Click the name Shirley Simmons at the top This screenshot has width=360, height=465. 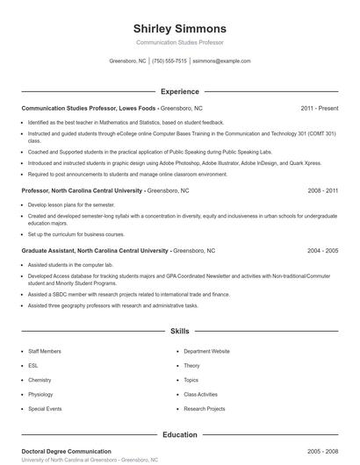(x=179, y=28)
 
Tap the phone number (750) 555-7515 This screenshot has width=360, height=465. (x=169, y=61)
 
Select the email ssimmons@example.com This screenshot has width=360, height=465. (x=221, y=61)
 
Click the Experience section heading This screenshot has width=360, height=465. (x=179, y=91)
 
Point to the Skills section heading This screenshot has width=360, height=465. (x=179, y=332)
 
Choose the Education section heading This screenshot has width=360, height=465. (x=179, y=434)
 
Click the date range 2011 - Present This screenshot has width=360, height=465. (x=320, y=108)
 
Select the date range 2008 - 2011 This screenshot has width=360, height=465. (x=323, y=190)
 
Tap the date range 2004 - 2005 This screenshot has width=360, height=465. (x=323, y=250)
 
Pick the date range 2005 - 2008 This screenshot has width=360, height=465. (x=323, y=451)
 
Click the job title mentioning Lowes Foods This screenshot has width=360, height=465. (x=89, y=108)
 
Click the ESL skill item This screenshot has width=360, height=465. (x=33, y=365)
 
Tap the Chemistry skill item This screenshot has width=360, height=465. (x=40, y=380)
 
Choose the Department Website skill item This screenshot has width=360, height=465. (x=206, y=351)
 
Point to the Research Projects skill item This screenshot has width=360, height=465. (x=205, y=409)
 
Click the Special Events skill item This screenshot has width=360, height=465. (x=44, y=409)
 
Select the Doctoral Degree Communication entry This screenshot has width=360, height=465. (x=67, y=451)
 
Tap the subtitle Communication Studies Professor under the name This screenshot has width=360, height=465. (x=179, y=42)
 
